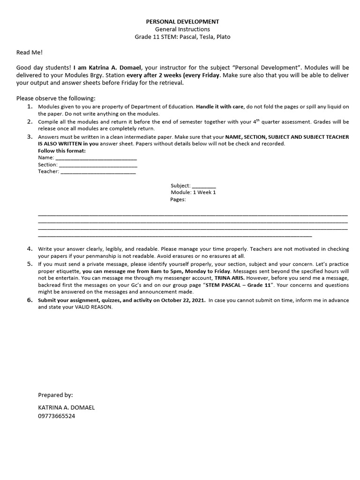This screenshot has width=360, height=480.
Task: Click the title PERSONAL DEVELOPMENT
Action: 182,22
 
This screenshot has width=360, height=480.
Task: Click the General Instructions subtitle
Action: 182,29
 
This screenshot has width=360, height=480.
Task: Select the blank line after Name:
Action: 96,158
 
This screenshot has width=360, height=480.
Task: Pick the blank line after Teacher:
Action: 98,172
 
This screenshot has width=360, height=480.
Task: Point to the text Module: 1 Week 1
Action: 193,192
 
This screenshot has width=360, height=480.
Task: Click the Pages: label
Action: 178,199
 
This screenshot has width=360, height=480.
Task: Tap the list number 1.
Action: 30,106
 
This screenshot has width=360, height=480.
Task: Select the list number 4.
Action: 30,248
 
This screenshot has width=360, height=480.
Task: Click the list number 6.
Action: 30,300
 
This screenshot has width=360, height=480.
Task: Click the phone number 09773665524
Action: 56,416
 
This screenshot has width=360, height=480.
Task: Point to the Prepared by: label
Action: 55,395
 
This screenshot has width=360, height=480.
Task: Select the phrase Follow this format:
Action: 62,151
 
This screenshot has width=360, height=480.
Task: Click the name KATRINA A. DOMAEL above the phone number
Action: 66,407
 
